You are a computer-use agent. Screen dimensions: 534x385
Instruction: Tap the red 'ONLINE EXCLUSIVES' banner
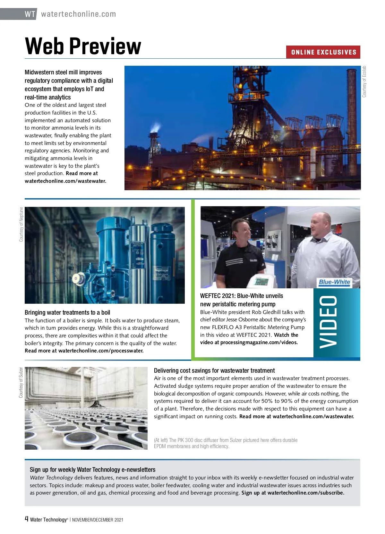(323, 52)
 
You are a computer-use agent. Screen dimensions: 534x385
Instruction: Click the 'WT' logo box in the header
(30, 14)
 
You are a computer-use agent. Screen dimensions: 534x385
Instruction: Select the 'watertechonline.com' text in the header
(79, 14)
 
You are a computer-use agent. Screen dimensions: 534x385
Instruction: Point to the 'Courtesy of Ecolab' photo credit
(364, 82)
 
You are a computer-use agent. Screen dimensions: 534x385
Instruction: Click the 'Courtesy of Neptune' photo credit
(21, 224)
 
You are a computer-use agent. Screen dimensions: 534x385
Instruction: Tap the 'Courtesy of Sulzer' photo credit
(21, 382)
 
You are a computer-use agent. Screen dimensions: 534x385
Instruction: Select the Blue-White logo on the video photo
(334, 282)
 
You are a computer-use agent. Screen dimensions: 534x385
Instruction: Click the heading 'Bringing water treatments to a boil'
(67, 312)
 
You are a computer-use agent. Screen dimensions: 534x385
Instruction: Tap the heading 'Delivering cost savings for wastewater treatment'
(214, 370)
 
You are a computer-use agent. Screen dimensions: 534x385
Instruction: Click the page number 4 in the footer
(27, 519)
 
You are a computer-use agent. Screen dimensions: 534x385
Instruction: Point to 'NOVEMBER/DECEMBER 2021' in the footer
(98, 520)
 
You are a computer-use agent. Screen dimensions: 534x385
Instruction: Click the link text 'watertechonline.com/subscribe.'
(306, 493)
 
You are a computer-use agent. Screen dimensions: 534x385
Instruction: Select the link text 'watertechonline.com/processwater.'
(101, 351)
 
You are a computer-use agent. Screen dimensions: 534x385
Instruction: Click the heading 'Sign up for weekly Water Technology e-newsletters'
(92, 470)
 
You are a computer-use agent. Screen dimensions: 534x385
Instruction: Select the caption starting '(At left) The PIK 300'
(226, 443)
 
